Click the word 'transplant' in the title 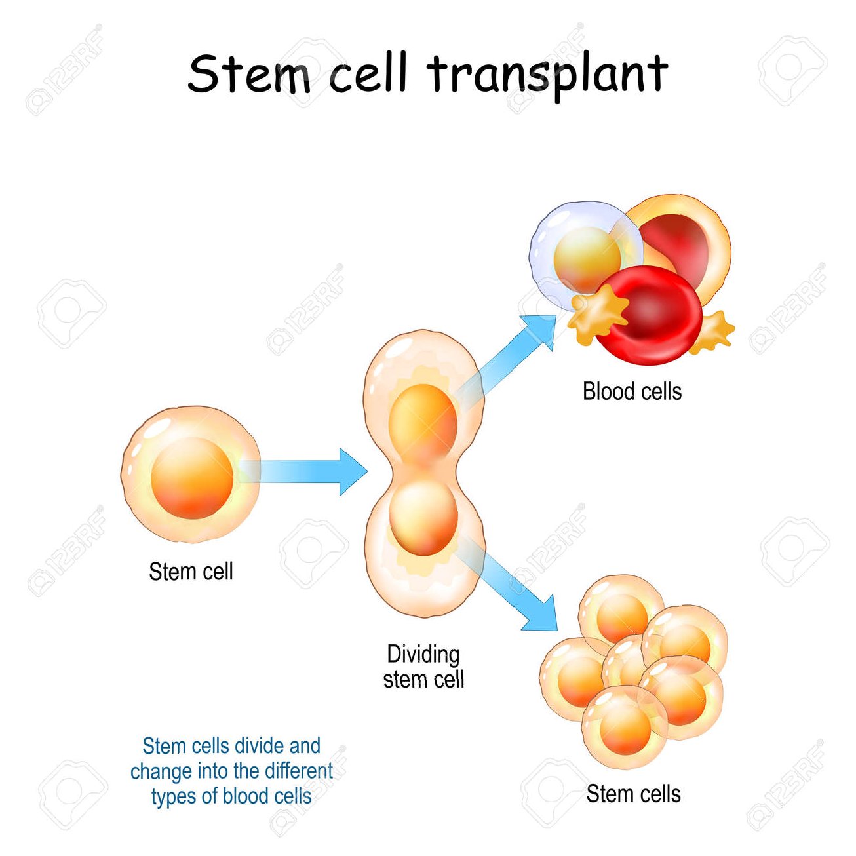point(548,73)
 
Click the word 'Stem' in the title point(250,73)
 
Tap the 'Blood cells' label point(632,391)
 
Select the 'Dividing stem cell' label point(423,667)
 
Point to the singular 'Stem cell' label point(191,572)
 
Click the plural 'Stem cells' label point(633,794)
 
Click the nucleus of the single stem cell point(192,478)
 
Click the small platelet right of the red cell point(714,332)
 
